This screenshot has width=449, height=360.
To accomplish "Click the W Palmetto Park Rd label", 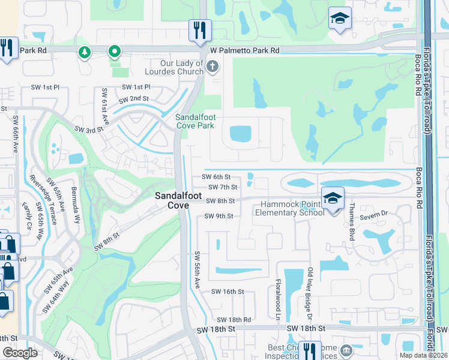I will (244, 51).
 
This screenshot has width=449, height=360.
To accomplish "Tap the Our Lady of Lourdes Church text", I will (182, 67).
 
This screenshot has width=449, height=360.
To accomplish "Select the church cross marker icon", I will (212, 66).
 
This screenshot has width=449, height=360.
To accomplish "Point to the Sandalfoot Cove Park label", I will (194, 121).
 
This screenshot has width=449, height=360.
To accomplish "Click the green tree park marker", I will (85, 53).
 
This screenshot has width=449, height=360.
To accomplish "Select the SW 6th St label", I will (216, 177).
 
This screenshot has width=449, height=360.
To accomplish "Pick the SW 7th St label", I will (223, 188).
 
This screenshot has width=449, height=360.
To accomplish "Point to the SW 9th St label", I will (218, 216).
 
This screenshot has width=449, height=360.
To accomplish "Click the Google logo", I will (20, 353).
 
